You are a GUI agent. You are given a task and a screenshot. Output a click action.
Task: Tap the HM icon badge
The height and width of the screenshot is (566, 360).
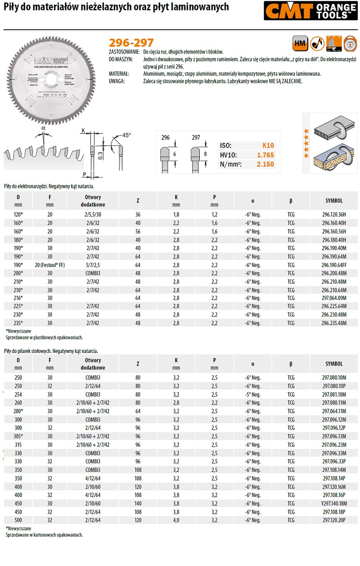click(299, 43)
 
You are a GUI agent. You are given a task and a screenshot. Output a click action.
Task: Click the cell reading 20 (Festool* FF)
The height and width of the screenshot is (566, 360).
click(49, 265)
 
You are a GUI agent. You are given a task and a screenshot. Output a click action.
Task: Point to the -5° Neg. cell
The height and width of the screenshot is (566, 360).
click(253, 394)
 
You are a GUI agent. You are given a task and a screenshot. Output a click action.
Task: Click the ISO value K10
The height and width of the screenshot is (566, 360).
click(268, 145)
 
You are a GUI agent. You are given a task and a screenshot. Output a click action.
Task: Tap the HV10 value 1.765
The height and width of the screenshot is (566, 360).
click(265, 155)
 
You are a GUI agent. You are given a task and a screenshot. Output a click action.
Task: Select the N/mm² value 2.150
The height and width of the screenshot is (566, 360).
click(265, 164)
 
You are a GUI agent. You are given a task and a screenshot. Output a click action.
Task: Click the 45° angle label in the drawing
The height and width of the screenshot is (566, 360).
click(126, 135)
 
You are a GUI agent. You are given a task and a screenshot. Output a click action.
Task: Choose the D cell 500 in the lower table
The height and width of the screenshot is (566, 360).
click(18, 520)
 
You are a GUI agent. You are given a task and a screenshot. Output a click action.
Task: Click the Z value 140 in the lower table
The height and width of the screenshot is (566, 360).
click(138, 504)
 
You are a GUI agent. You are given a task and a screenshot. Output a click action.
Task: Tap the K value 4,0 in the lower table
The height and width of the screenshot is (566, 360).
click(176, 520)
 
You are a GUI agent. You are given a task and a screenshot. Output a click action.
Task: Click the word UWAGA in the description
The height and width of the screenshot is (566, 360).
click(117, 81)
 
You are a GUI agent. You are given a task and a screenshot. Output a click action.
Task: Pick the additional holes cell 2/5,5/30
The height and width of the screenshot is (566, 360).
click(93, 215)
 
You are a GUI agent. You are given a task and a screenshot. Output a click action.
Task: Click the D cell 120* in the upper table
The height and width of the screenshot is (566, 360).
click(18, 215)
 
